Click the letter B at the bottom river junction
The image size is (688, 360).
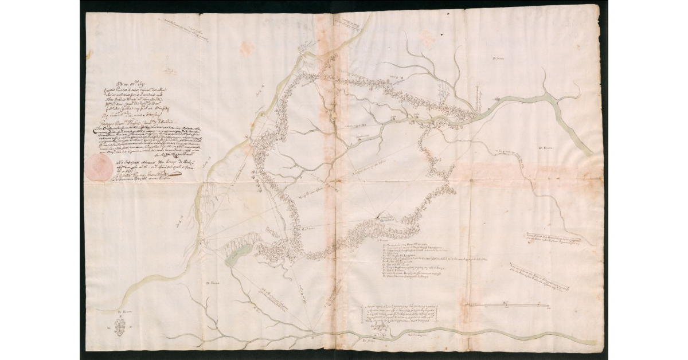click(312, 331)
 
